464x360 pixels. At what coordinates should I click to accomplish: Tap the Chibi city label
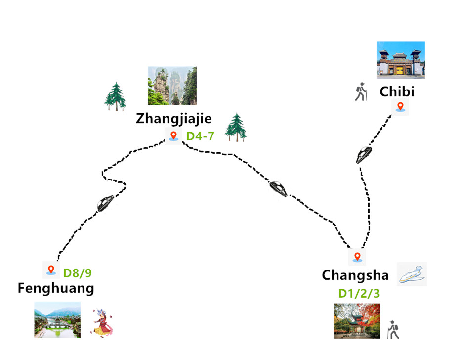397,92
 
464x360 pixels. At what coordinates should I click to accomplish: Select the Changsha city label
355,275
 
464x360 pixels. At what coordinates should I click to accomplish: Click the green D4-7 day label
200,136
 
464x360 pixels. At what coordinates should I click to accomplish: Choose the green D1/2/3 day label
359,293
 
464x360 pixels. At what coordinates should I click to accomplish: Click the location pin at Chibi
400,106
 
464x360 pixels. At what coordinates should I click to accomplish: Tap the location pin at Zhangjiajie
173,135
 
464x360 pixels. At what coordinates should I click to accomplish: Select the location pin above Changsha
357,257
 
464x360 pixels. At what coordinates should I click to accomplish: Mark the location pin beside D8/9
50,270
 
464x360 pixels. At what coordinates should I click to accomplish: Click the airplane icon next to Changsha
412,274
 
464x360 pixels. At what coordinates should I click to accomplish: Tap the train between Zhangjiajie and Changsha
278,188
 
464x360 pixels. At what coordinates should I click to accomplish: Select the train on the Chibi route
364,155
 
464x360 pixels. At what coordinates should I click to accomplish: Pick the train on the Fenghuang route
105,203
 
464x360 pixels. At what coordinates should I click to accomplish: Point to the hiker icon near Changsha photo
393,330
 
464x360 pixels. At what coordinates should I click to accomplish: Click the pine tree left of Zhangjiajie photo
115,96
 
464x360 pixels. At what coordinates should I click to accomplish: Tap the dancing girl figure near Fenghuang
102,323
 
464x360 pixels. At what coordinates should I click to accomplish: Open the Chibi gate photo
400,60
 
